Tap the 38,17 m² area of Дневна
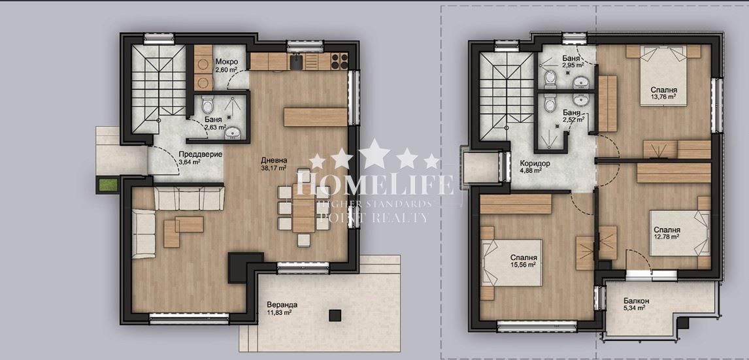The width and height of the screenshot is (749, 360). (274, 168)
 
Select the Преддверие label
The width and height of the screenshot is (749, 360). (193, 154)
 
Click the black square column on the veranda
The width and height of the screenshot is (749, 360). (335, 315)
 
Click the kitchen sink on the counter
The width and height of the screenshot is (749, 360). (297, 61)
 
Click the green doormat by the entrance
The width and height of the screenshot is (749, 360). (107, 184)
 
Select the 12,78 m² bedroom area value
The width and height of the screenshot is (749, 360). (667, 236)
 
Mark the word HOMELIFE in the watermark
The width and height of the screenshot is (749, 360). (375, 184)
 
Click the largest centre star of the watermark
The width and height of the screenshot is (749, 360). (374, 154)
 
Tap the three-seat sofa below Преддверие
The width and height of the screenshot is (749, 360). (189, 199)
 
